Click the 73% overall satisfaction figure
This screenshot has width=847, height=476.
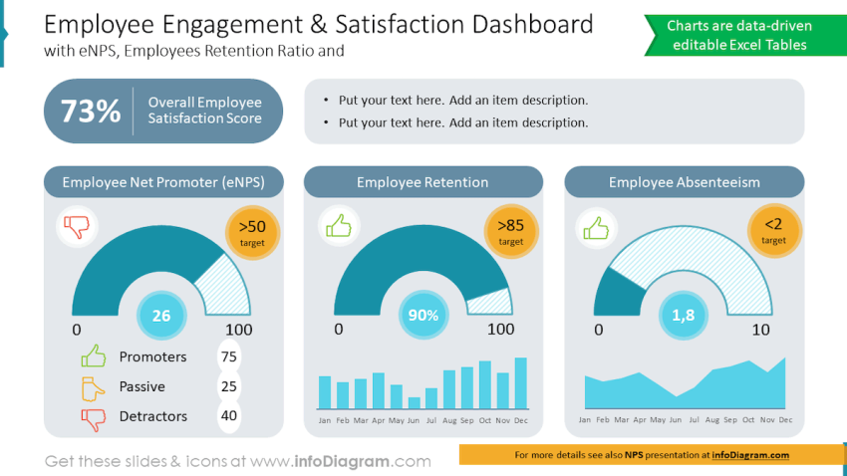tap(91, 111)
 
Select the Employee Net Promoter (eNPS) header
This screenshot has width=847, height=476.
tap(163, 182)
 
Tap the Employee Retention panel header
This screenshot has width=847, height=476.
tap(423, 182)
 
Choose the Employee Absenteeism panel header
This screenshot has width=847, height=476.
tap(684, 182)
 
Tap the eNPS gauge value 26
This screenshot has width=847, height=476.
tap(160, 316)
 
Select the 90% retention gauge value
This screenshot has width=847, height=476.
tap(423, 316)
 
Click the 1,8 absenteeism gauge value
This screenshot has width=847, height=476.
tap(684, 316)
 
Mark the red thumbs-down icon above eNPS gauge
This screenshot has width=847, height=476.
tap(77, 227)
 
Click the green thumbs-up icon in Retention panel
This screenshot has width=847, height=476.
tap(339, 227)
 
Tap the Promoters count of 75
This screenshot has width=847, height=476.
tap(228, 357)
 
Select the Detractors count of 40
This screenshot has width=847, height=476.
tap(228, 416)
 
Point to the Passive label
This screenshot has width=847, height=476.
tap(141, 386)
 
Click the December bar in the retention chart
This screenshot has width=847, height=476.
tap(521, 383)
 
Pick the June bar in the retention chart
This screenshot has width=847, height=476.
tap(414, 403)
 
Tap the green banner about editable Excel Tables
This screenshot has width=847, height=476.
tap(739, 35)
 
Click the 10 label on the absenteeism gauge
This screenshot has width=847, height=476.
tap(760, 330)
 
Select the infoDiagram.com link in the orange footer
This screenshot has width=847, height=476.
tap(750, 455)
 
